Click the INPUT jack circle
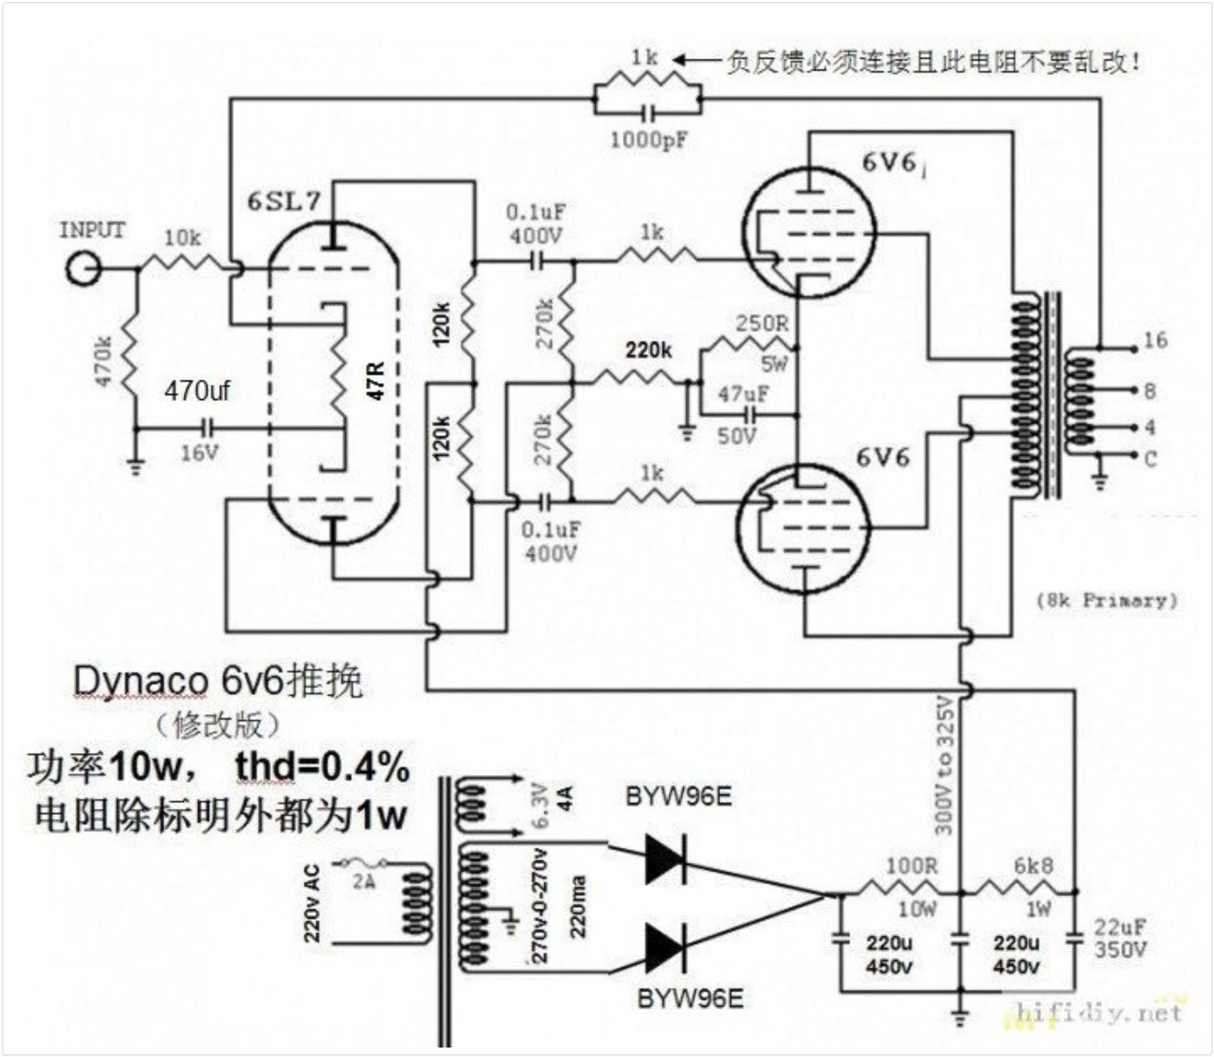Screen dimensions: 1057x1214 (x=83, y=269)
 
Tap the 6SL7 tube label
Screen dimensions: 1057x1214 (x=283, y=201)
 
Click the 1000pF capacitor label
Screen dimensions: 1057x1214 (x=648, y=140)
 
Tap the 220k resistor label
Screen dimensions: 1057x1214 (x=648, y=350)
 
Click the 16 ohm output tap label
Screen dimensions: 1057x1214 (x=1155, y=340)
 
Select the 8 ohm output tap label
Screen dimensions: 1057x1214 (x=1150, y=391)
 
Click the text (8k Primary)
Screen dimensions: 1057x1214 (x=1107, y=600)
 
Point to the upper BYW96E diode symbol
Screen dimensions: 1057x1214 (x=665, y=859)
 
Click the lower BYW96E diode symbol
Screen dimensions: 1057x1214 (x=665, y=948)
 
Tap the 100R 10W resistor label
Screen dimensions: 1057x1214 (x=911, y=865)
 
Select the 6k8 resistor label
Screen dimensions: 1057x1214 (x=1033, y=865)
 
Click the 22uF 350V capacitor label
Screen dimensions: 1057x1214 (x=1120, y=938)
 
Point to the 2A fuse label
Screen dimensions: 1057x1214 (x=363, y=882)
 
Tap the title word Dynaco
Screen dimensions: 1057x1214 (x=140, y=681)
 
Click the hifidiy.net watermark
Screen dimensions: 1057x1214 (x=1098, y=1012)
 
